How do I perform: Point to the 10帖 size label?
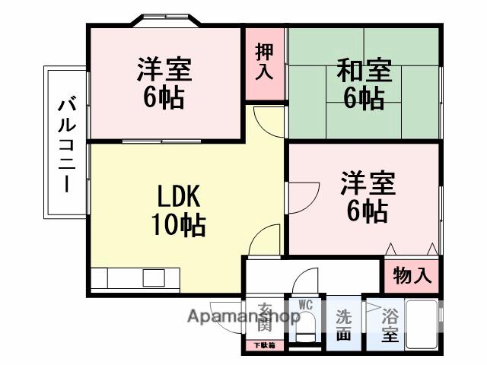pyautogui.click(x=178, y=224)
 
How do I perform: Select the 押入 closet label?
pyautogui.click(x=264, y=62)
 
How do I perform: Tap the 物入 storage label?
pyautogui.click(x=412, y=275)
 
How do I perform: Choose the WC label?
pyautogui.click(x=305, y=305)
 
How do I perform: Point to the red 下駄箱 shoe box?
pyautogui.click(x=264, y=345)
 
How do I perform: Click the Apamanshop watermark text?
pyautogui.click(x=243, y=316)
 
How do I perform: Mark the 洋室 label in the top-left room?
pyautogui.click(x=163, y=70)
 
